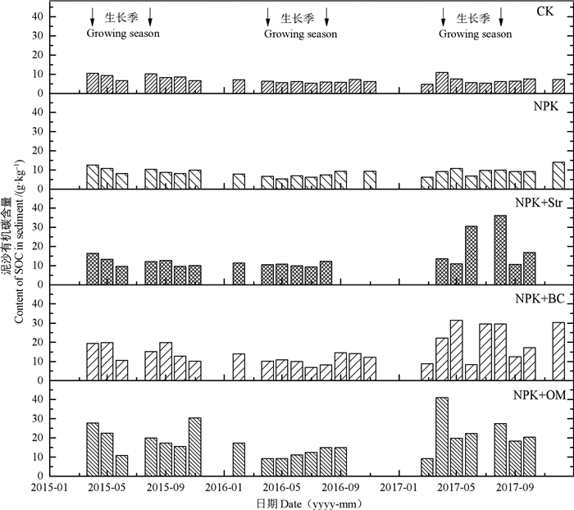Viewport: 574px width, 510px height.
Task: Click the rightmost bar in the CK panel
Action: pyautogui.click(x=559, y=86)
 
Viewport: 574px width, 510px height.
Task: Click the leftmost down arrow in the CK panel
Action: pyautogui.click(x=93, y=16)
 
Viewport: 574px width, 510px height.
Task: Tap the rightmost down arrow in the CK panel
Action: pyautogui.click(x=502, y=16)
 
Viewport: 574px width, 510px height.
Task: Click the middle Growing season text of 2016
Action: pyautogui.click(x=299, y=34)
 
